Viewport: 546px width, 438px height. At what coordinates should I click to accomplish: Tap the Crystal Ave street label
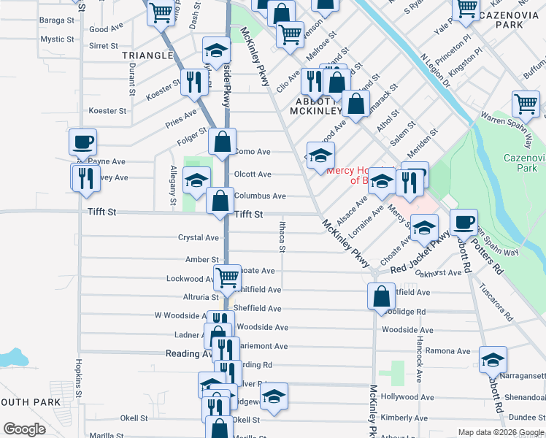tap(199, 238)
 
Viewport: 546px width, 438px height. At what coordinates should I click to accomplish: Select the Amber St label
tap(202, 259)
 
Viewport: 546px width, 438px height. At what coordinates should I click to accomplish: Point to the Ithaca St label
tap(282, 236)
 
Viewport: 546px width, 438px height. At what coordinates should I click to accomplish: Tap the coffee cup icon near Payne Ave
tap(82, 142)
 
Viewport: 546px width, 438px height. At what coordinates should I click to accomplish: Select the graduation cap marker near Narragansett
tap(493, 359)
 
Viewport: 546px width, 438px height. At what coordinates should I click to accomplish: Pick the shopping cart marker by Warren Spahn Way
tap(526, 104)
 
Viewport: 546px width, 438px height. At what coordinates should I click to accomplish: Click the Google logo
tap(25, 429)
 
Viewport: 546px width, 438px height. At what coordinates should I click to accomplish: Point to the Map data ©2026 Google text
tap(500, 432)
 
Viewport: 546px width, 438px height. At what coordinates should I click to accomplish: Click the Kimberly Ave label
tap(404, 418)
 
